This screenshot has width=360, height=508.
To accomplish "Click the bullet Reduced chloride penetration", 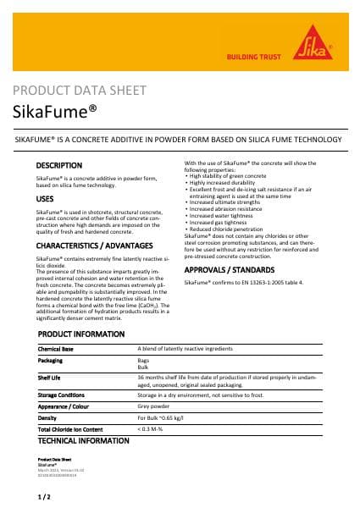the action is [x=232, y=229].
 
